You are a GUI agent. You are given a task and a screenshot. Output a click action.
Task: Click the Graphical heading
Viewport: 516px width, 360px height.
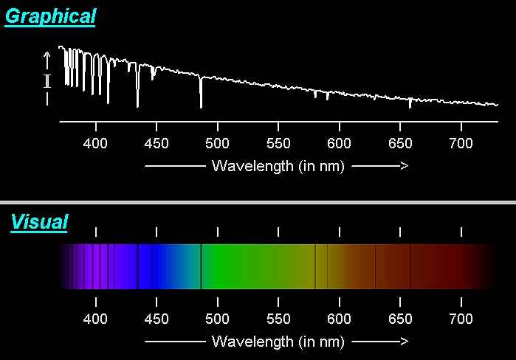[50, 16]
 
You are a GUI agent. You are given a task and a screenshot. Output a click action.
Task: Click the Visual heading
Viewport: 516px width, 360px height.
[39, 221]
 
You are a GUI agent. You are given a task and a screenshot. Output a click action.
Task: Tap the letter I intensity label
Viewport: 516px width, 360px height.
[47, 81]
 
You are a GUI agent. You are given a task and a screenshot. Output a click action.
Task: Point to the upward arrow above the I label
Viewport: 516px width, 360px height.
[47, 58]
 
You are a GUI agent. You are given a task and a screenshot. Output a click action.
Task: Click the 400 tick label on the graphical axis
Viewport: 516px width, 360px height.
[96, 143]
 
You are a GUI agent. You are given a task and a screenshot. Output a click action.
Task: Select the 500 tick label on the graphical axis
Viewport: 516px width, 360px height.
[217, 143]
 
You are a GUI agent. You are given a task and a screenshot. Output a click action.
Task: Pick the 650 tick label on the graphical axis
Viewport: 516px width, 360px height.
[400, 143]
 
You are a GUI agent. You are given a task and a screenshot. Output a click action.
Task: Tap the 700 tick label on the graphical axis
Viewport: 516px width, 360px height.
[461, 143]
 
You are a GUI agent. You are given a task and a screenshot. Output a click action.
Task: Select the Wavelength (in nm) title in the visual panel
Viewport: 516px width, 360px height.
[278, 342]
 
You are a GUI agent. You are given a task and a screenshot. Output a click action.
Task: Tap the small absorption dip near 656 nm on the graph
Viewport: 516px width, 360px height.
[410, 103]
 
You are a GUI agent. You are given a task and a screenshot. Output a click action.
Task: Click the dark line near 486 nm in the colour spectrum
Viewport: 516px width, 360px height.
[201, 266]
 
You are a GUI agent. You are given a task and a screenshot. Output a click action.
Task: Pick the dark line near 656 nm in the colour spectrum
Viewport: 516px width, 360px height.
[410, 266]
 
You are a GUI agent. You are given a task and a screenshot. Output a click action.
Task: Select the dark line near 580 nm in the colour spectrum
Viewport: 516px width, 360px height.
[316, 266]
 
